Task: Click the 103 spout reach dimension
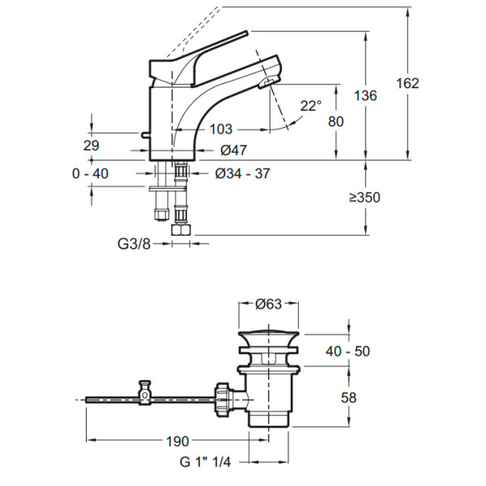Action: (220, 129)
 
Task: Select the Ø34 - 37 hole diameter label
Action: (243, 173)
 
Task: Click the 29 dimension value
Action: (91, 146)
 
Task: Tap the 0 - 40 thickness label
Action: (89, 173)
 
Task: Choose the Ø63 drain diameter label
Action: (269, 305)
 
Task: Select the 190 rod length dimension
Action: (177, 441)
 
